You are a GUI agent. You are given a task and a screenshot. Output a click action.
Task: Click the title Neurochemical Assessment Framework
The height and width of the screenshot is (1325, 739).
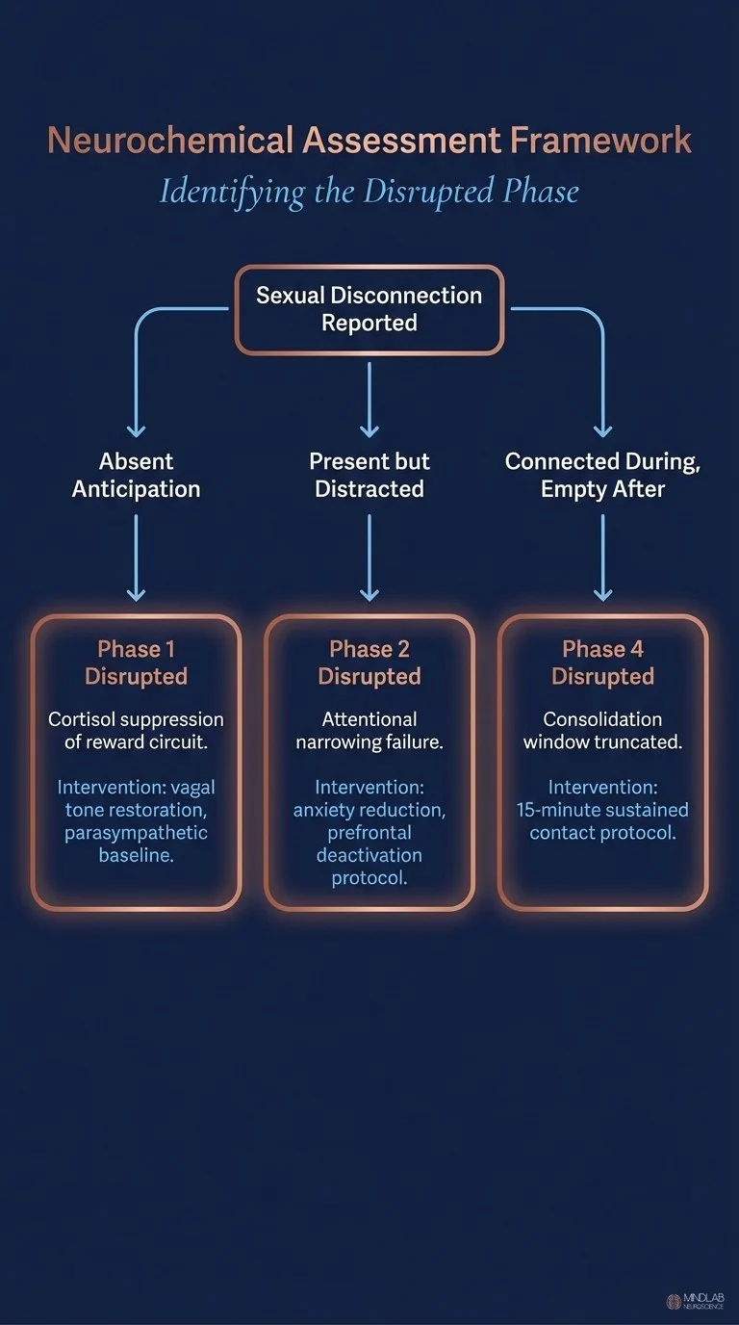369,141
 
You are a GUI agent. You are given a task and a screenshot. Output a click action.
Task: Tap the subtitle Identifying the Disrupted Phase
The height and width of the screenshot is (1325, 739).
369,191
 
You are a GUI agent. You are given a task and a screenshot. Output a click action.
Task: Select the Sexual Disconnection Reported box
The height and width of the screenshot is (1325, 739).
369,309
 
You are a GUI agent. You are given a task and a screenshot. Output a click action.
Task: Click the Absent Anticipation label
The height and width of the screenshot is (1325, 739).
136,475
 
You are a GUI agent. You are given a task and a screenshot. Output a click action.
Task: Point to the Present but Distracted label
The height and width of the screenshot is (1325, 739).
369,475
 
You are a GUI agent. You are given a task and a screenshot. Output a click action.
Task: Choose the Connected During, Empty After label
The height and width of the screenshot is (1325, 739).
602,475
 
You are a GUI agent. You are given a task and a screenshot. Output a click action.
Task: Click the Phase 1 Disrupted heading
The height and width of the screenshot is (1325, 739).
136,662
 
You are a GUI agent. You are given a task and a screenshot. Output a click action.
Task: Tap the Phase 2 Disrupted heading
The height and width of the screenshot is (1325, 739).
369,662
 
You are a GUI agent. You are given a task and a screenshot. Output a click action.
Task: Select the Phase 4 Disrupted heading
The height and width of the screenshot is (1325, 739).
602,662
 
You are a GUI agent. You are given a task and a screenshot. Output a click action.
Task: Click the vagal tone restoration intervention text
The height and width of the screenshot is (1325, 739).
136,821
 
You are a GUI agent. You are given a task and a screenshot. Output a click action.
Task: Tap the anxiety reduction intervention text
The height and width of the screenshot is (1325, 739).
369,833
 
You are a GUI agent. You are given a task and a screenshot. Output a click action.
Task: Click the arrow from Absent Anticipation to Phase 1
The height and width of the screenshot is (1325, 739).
136,558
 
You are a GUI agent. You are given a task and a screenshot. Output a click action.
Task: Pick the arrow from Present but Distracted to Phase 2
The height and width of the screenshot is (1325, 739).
369,558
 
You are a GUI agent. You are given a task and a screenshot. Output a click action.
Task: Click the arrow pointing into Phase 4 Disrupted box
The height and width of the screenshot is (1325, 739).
602,558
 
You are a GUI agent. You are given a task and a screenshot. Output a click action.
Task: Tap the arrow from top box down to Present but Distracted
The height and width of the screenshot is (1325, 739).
369,399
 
